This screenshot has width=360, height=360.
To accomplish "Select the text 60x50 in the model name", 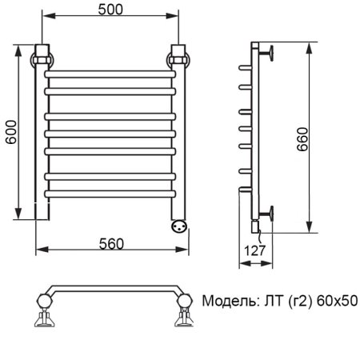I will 337,302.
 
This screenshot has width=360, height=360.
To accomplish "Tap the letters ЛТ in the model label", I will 270,302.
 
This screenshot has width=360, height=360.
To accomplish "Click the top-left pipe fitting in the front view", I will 41,58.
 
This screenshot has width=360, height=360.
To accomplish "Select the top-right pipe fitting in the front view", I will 179,58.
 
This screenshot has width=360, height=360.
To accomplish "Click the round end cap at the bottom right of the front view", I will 179,225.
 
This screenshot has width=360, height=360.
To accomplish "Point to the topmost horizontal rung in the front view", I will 110,73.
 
